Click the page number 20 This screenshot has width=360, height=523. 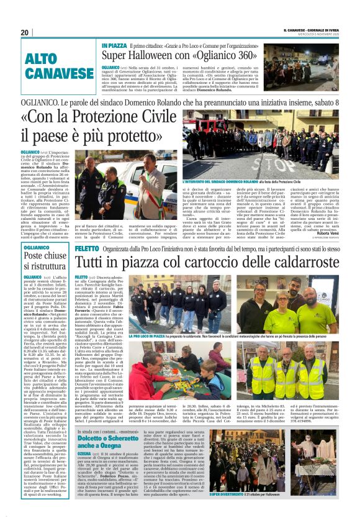pyautogui.click(x=25, y=32)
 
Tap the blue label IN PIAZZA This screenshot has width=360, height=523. pyautogui.click(x=115, y=46)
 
